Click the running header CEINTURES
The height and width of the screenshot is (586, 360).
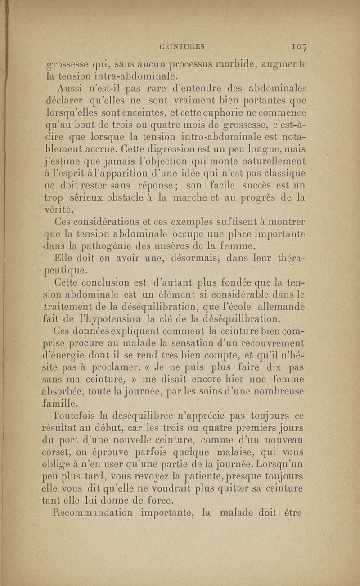point(182,45)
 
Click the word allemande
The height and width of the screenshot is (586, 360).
point(280,307)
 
